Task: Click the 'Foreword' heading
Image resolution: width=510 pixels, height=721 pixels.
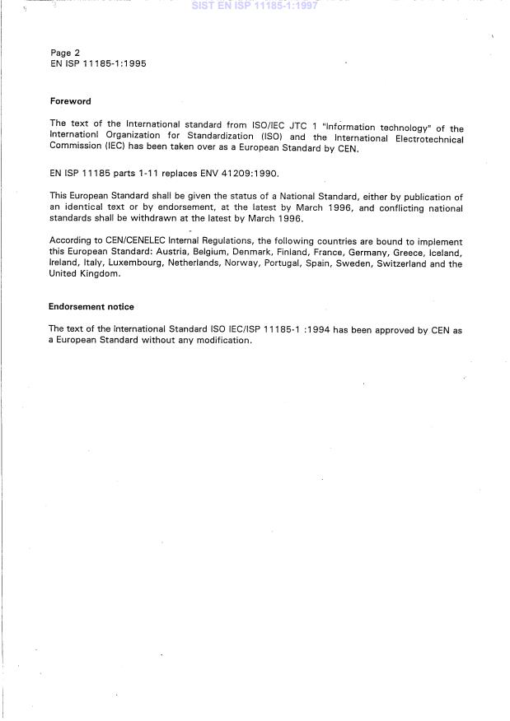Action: (x=70, y=102)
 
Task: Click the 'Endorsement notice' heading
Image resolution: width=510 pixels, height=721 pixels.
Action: (x=91, y=307)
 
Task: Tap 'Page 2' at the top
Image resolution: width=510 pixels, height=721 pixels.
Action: (x=65, y=53)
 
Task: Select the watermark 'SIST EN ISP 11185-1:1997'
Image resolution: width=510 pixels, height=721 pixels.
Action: (x=254, y=5)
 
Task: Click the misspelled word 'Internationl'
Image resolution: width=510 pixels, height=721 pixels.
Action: (x=75, y=138)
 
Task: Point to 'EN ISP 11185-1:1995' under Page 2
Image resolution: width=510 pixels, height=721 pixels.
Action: (x=98, y=63)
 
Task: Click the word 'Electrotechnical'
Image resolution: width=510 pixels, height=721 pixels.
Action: (x=425, y=138)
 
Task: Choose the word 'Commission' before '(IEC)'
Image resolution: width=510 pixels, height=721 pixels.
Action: (x=77, y=149)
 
